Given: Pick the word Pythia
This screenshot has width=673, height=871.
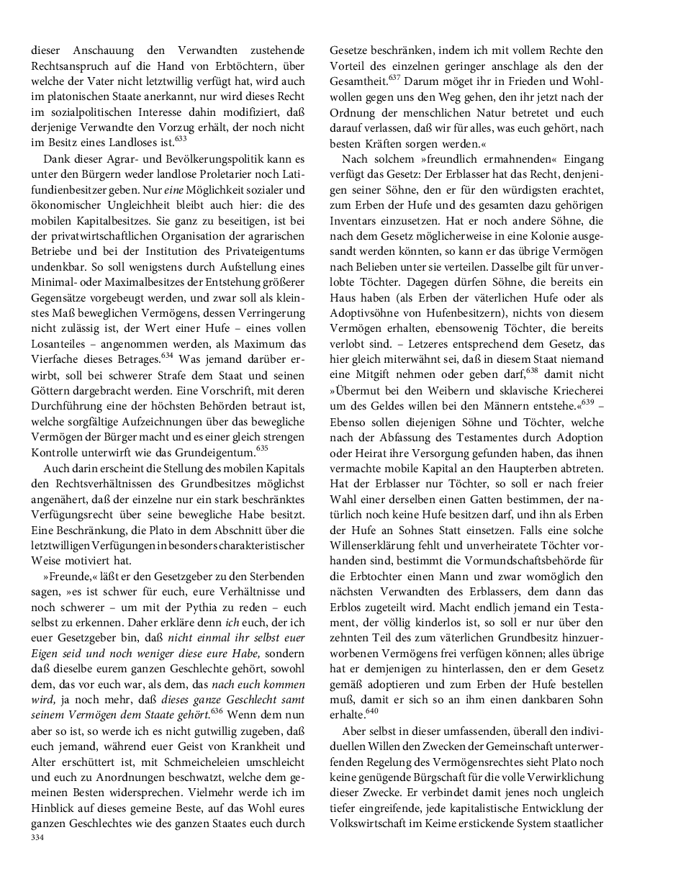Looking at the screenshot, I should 212,608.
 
